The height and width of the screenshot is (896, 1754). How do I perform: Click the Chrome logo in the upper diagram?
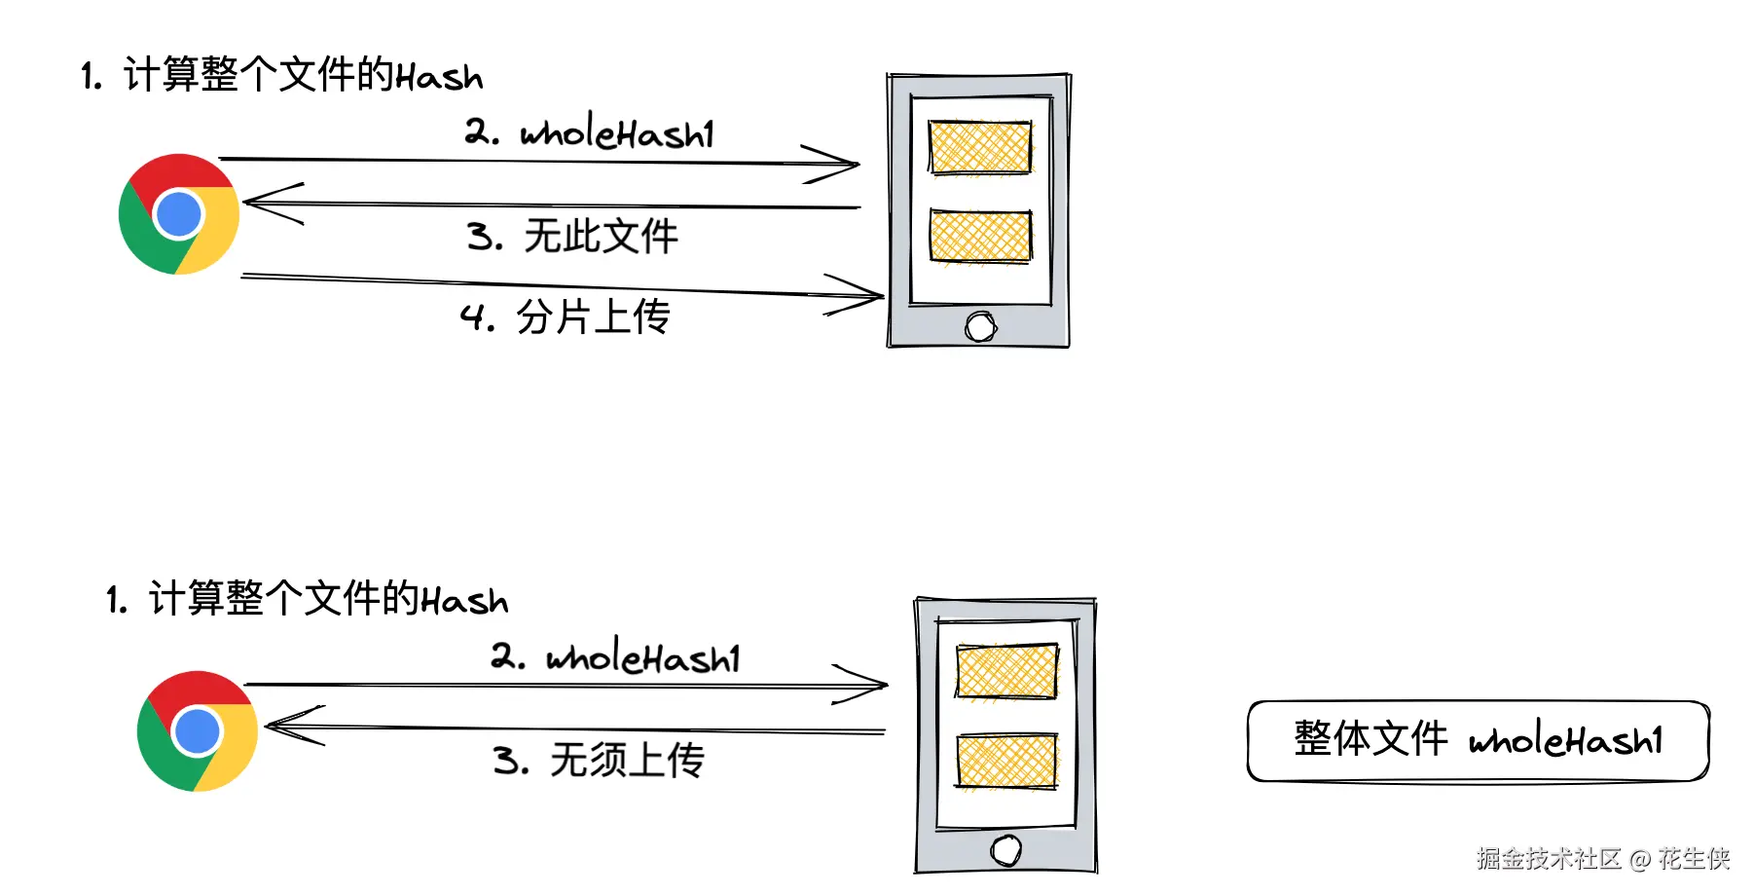179,214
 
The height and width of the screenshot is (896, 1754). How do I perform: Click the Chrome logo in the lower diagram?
198,731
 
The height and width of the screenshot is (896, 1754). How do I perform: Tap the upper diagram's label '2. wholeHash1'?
590,132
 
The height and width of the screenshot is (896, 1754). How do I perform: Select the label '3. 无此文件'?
572,237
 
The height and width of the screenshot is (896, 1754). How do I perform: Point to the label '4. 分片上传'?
566,317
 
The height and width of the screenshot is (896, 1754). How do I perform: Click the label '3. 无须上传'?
599,760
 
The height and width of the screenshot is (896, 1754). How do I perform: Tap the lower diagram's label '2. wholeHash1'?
616,657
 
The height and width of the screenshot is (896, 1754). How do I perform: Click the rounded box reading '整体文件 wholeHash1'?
1478,740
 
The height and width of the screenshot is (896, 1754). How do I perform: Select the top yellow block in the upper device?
979,147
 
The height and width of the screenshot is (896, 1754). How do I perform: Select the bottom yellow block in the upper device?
979,236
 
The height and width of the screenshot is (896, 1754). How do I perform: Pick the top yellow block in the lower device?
1006,671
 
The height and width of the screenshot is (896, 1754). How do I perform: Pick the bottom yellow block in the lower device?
1006,761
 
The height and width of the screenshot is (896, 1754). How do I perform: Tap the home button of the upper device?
980,327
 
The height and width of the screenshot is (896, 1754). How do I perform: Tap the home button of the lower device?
1005,850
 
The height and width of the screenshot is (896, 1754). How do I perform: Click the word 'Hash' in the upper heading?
439,77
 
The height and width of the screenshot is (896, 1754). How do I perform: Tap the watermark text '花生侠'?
1694,858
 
